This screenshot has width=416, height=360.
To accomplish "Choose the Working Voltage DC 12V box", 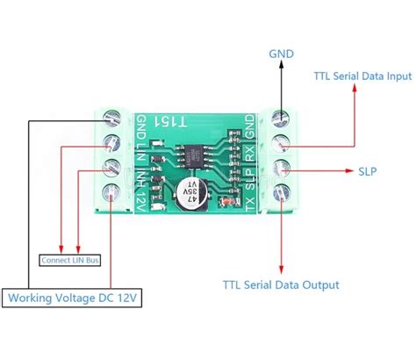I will (x=73, y=299).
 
